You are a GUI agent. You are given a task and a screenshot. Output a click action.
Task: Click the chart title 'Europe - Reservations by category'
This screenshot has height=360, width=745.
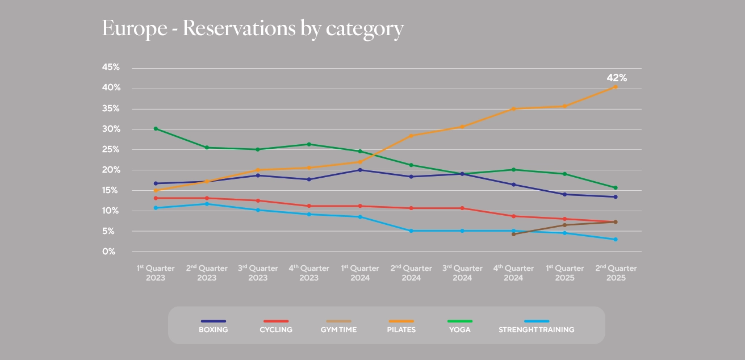(x=253, y=28)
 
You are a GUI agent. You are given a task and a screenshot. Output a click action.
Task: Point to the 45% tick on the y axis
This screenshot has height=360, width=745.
(x=111, y=68)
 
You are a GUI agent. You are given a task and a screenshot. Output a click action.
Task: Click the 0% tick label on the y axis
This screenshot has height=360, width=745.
(x=109, y=252)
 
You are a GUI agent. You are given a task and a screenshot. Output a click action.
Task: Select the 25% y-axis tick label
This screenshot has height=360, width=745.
(x=111, y=149)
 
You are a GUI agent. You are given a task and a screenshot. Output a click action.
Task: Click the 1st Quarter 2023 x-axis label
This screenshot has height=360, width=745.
(x=156, y=273)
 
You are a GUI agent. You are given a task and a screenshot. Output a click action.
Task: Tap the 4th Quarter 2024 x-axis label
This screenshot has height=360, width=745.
(x=513, y=273)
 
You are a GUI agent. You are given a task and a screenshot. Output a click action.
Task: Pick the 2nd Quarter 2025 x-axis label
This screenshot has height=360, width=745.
(x=616, y=273)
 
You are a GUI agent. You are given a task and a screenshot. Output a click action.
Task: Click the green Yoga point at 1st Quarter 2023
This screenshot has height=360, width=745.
(x=156, y=129)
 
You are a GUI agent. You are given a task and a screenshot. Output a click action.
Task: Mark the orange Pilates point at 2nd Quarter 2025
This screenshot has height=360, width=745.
(x=616, y=87)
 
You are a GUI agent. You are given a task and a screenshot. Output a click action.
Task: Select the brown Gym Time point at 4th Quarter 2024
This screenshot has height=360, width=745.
(x=513, y=234)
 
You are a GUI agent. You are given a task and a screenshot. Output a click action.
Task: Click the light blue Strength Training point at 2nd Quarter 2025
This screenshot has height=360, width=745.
(x=616, y=240)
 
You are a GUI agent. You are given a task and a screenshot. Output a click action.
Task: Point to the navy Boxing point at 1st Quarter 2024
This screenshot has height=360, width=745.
(x=360, y=170)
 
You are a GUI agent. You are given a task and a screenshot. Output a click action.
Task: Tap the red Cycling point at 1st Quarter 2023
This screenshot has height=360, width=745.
(x=156, y=198)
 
